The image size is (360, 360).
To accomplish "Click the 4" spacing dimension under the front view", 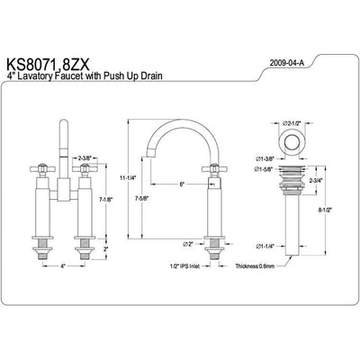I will [63, 267].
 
